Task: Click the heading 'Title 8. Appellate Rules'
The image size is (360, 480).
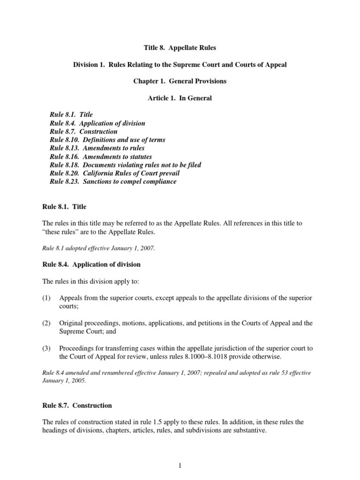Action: coord(180,48)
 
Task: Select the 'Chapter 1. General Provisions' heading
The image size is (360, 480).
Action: coord(180,81)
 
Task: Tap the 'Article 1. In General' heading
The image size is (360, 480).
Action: coord(180,98)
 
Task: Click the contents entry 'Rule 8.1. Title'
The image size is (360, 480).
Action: coord(71,115)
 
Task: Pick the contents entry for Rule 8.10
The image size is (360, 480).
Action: coord(107,140)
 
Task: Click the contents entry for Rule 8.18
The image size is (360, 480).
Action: coord(126,165)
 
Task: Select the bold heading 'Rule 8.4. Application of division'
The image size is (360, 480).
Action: coord(91,265)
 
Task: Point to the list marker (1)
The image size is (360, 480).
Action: coord(46,299)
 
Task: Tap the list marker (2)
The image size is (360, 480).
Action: coord(46,324)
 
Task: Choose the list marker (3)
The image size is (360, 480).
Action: coord(46,348)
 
